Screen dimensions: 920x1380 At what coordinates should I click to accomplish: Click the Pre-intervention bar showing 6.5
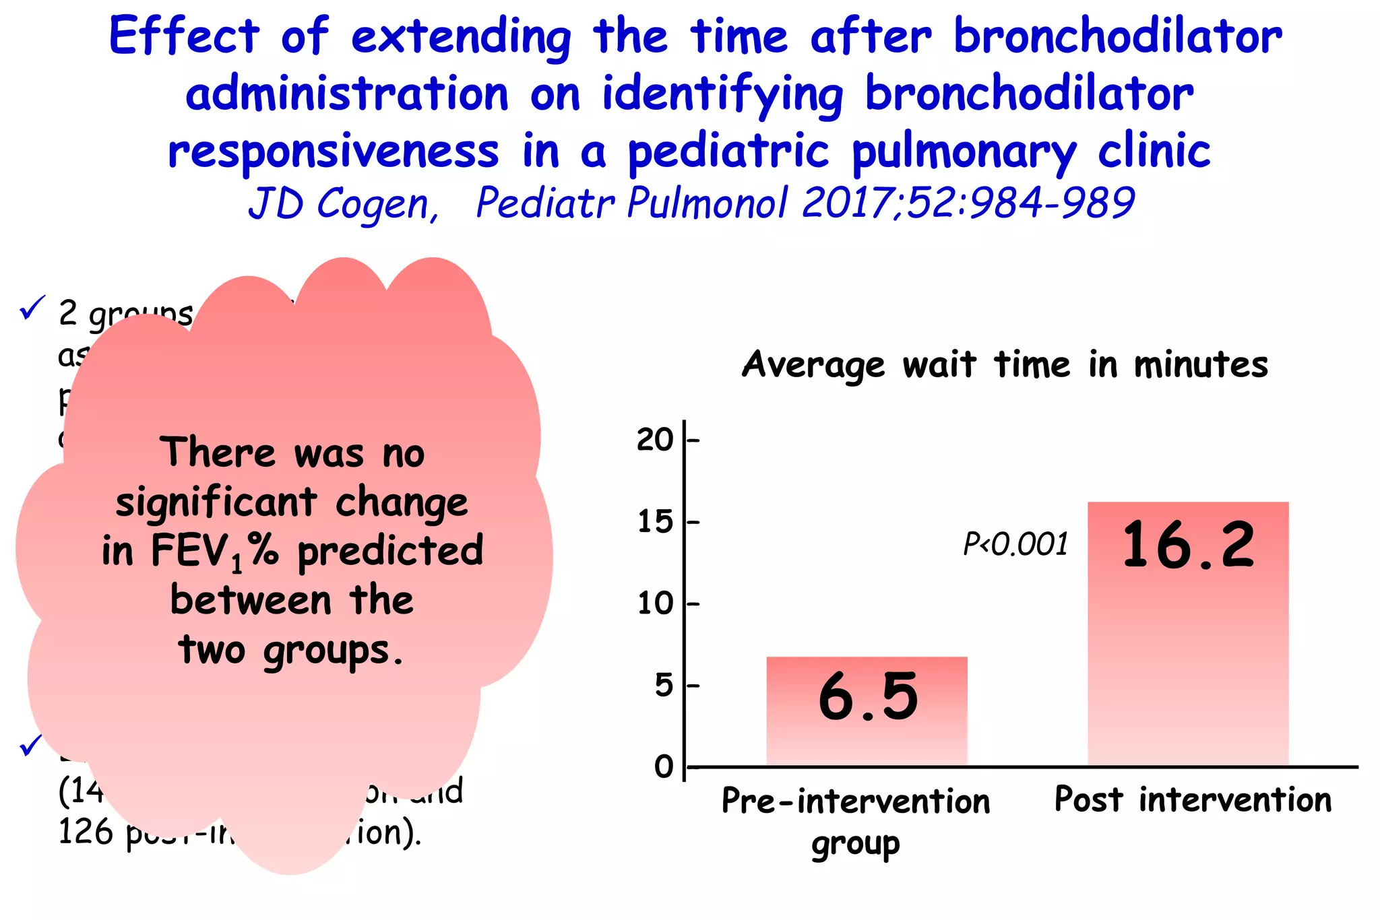click(867, 711)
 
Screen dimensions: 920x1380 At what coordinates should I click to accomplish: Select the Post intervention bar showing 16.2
click(1187, 633)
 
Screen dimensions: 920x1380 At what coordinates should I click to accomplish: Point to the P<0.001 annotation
click(1015, 544)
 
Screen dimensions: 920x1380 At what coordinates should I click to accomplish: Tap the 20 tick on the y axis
click(655, 440)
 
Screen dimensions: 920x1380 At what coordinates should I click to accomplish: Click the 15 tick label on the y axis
click(655, 522)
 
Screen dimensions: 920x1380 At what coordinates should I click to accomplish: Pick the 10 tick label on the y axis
click(655, 603)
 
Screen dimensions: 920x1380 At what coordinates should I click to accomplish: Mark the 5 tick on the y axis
click(664, 686)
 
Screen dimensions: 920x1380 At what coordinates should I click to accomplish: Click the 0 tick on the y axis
click(664, 767)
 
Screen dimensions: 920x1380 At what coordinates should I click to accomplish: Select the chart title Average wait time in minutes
click(1005, 366)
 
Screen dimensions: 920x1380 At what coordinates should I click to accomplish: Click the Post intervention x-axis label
click(1193, 800)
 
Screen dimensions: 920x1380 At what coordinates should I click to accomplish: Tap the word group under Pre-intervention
click(855, 845)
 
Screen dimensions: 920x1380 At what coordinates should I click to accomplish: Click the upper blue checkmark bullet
click(32, 308)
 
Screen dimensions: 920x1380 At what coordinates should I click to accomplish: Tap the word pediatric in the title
click(728, 152)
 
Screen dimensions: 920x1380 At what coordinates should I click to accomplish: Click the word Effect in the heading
click(184, 36)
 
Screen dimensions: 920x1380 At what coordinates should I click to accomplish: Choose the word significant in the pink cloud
click(216, 502)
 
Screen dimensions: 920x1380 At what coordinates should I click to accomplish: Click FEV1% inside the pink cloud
click(214, 552)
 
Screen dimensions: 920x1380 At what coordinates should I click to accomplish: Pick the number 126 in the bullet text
click(86, 832)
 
